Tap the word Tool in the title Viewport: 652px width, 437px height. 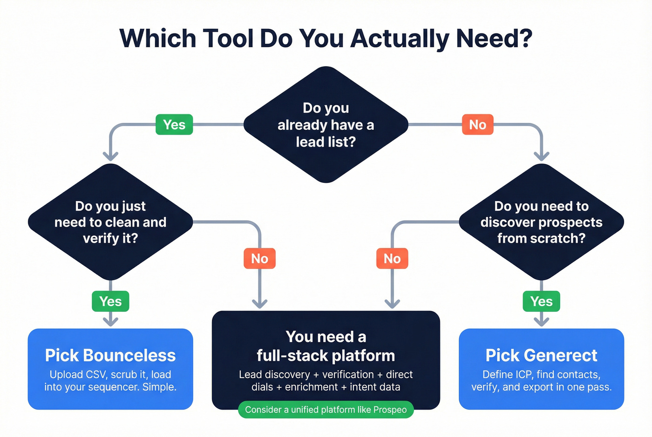(227, 39)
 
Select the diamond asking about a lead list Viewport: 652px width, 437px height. (326, 125)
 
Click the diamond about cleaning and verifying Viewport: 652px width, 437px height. (110, 222)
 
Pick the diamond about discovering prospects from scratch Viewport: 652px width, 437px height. (541, 222)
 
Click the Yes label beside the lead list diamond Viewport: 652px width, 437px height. (174, 125)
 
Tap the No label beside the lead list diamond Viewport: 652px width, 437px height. (477, 125)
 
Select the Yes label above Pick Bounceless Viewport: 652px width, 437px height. (110, 302)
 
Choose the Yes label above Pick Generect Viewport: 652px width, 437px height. (541, 302)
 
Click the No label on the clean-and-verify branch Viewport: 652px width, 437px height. (259, 258)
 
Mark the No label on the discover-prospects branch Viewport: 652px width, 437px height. (392, 258)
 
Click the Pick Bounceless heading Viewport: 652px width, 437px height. (110, 356)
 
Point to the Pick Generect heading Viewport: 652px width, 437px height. (541, 356)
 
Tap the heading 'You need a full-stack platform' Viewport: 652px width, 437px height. (326, 346)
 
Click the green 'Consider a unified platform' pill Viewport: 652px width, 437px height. (326, 410)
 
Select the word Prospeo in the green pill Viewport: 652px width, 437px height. (390, 410)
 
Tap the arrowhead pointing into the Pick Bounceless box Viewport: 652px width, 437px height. (110, 322)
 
